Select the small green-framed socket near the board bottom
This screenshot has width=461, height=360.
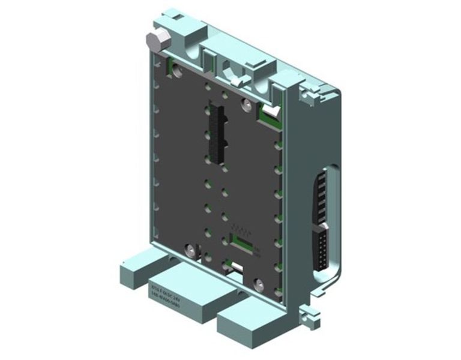240,239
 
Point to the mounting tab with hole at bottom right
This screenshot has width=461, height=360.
309,312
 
